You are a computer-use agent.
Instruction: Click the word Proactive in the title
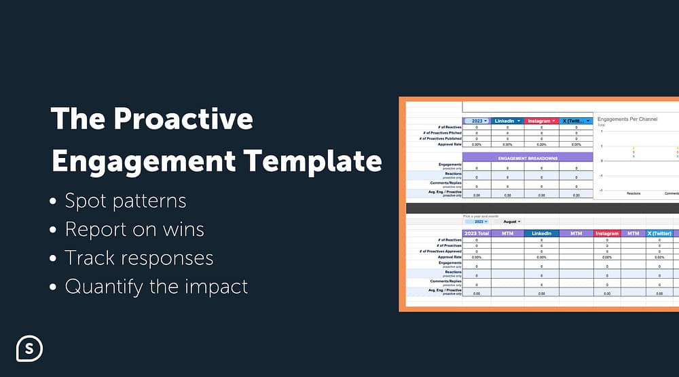pyautogui.click(x=183, y=119)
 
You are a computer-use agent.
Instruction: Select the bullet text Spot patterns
pyautogui.click(x=125, y=201)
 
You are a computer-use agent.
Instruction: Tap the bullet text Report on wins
pyautogui.click(x=134, y=229)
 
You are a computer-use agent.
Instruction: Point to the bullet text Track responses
pyautogui.click(x=139, y=258)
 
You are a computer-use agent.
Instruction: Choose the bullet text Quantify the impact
pyautogui.click(x=156, y=286)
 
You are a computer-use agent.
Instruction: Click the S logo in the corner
pyautogui.click(x=29, y=348)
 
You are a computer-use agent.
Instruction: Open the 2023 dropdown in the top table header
pyautogui.click(x=476, y=121)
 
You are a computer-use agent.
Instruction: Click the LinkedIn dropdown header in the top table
pyautogui.click(x=507, y=121)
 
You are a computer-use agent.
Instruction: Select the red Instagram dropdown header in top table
pyautogui.click(x=542, y=121)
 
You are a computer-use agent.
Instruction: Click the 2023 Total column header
pyautogui.click(x=476, y=233)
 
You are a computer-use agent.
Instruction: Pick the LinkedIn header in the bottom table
pyautogui.click(x=542, y=233)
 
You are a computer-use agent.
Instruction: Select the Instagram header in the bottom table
pyautogui.click(x=607, y=233)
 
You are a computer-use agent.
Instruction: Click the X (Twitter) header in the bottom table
pyautogui.click(x=659, y=233)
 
